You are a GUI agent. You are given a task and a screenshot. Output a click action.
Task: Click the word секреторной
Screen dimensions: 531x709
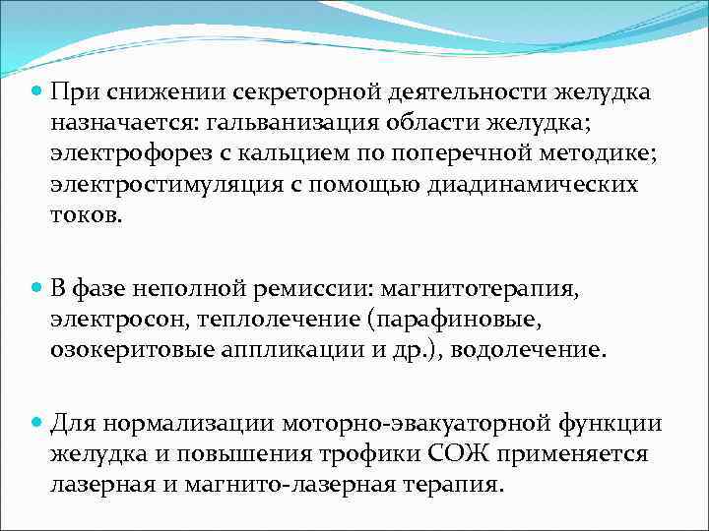[x=295, y=92]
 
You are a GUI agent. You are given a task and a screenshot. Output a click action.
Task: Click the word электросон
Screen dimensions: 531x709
[x=117, y=320]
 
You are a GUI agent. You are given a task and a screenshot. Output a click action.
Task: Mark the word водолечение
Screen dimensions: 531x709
[x=531, y=350]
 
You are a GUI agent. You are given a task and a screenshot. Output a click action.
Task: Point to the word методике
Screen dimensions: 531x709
[x=592, y=153]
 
